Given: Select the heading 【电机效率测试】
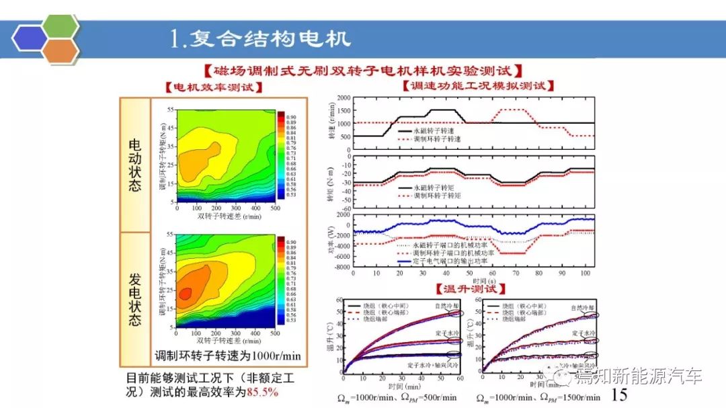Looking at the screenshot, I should point(214,87).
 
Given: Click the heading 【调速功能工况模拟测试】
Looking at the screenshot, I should point(478,86).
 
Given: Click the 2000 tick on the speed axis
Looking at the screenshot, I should point(343,98).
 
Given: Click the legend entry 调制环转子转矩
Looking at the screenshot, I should point(438,196).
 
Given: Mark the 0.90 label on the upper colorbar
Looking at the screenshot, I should point(292,116).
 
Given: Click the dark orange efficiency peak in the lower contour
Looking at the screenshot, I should point(186,292).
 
